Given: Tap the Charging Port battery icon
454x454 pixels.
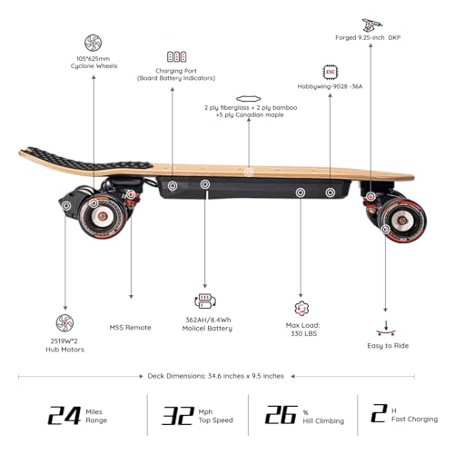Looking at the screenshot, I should point(176,56).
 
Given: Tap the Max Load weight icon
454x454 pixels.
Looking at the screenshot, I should point(301,309).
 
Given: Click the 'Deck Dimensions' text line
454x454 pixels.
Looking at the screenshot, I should point(227,374).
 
